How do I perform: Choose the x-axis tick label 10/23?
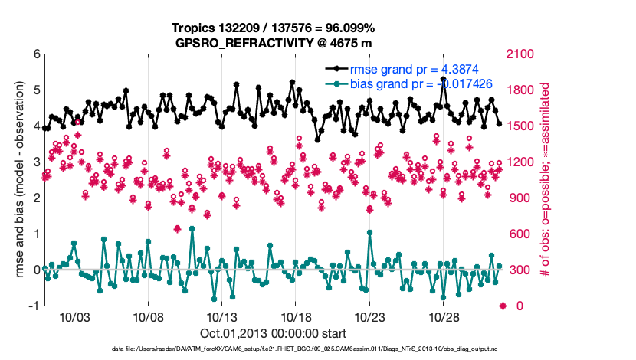369,317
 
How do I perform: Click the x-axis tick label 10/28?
444,317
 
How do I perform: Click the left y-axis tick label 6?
36,54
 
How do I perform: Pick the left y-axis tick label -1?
34,306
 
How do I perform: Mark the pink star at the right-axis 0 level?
503,306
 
